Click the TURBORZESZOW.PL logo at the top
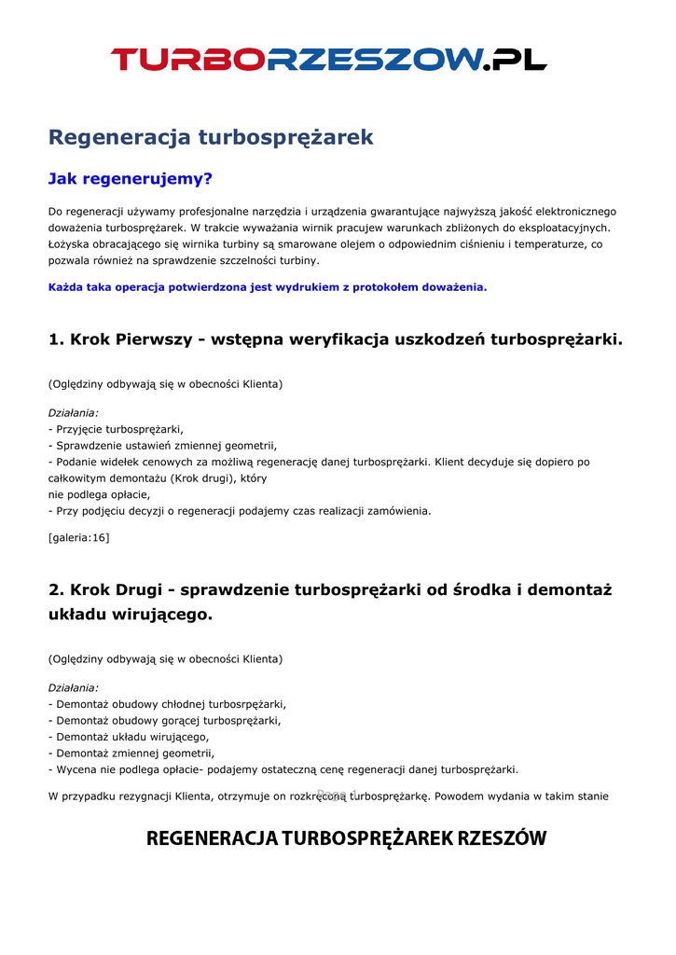tap(328, 60)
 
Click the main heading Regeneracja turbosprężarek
tap(211, 137)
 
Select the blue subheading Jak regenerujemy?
tap(131, 178)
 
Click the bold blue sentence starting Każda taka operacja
tap(268, 287)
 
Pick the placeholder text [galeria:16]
tap(78, 537)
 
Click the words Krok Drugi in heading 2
tap(117, 589)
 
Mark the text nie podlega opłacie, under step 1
tap(99, 494)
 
